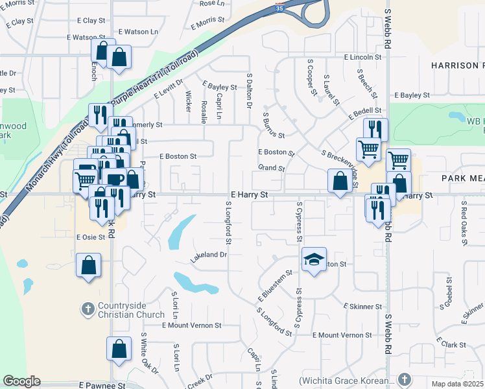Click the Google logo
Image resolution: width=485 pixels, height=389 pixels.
(22, 381)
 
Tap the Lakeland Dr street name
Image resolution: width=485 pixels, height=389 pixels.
(208, 255)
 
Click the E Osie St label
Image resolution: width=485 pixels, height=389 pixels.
(91, 237)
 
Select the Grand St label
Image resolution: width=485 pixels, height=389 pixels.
(272, 168)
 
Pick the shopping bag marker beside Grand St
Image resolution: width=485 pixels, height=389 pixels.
(340, 182)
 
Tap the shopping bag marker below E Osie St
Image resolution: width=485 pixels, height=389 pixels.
(89, 265)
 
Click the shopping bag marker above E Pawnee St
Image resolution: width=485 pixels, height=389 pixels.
(119, 349)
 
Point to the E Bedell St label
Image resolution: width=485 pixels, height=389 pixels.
(365, 112)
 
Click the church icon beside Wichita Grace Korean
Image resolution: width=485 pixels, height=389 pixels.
(405, 379)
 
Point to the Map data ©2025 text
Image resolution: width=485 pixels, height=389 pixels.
(458, 384)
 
